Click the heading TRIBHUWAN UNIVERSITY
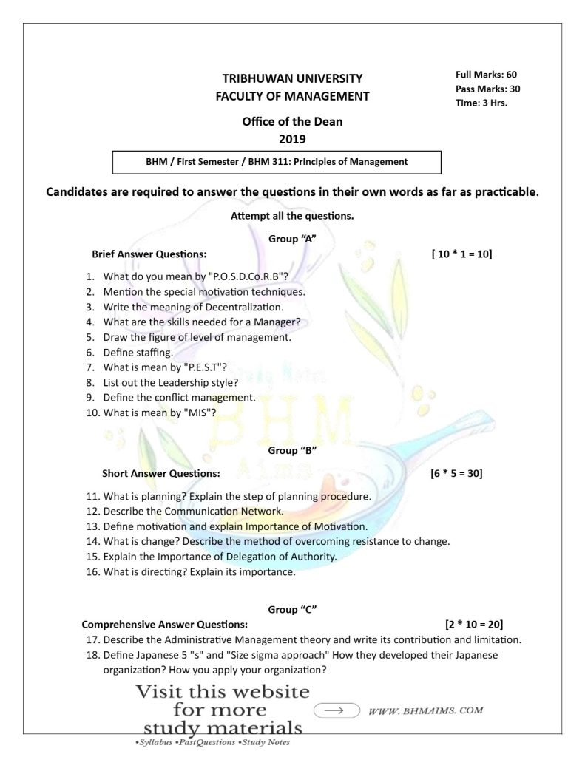coord(292,78)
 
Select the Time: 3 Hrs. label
coord(481,103)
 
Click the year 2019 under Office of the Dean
coord(292,138)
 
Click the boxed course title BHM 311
coord(277,161)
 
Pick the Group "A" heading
coord(292,238)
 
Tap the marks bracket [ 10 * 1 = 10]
coord(461,254)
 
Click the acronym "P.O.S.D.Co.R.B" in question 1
coord(245,277)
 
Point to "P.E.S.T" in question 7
coord(196,367)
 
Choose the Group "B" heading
coord(292,450)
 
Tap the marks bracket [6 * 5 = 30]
coord(456,472)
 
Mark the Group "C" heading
coord(292,609)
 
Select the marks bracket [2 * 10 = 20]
coord(474,624)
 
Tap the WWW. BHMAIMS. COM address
coord(425,710)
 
